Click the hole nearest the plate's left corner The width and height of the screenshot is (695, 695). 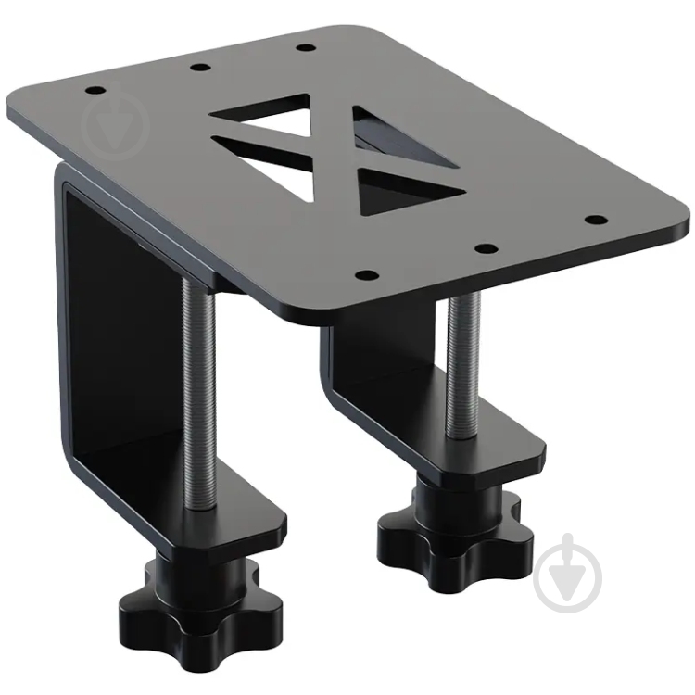tap(95, 91)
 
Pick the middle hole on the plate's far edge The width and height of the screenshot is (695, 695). tap(198, 67)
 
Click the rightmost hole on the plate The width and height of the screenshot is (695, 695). tap(596, 221)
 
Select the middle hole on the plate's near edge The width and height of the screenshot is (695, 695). tap(482, 247)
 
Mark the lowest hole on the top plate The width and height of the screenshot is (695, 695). tap(366, 275)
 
